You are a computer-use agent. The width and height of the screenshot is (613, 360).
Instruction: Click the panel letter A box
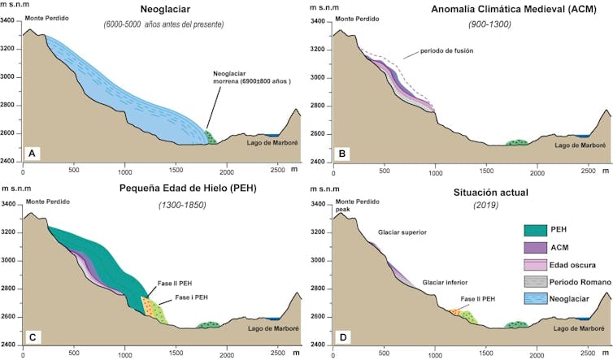(x=31, y=152)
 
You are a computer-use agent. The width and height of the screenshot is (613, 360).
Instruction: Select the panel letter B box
(x=344, y=152)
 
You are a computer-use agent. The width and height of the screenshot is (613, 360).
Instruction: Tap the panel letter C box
(x=31, y=335)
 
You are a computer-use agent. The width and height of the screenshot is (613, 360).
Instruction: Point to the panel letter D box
(x=344, y=335)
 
